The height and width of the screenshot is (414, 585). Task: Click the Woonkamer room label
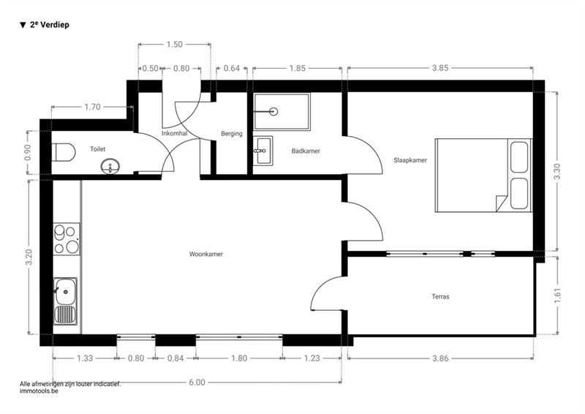tap(206, 255)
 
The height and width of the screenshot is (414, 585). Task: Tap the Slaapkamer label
tap(410, 160)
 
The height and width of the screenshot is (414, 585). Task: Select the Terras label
tap(440, 297)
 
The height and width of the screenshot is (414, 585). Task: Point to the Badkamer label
tap(306, 151)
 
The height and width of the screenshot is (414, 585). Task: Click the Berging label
tap(231, 134)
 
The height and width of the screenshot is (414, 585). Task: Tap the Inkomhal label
tap(174, 133)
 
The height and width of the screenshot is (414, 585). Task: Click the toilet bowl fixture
tap(64, 152)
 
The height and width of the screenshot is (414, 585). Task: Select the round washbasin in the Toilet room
tap(110, 166)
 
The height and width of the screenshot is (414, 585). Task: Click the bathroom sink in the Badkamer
tap(263, 151)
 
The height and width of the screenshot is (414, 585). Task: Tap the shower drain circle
tap(274, 111)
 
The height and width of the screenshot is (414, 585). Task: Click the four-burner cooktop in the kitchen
tap(67, 239)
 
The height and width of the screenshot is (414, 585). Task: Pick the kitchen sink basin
tap(65, 291)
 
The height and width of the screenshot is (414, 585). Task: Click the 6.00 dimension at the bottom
tap(197, 383)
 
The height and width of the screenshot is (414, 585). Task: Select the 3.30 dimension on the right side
tap(557, 172)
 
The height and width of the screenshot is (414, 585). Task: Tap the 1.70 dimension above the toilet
tap(92, 107)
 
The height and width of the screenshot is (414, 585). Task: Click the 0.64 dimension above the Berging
tap(231, 68)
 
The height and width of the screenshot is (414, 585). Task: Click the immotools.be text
tap(39, 391)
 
